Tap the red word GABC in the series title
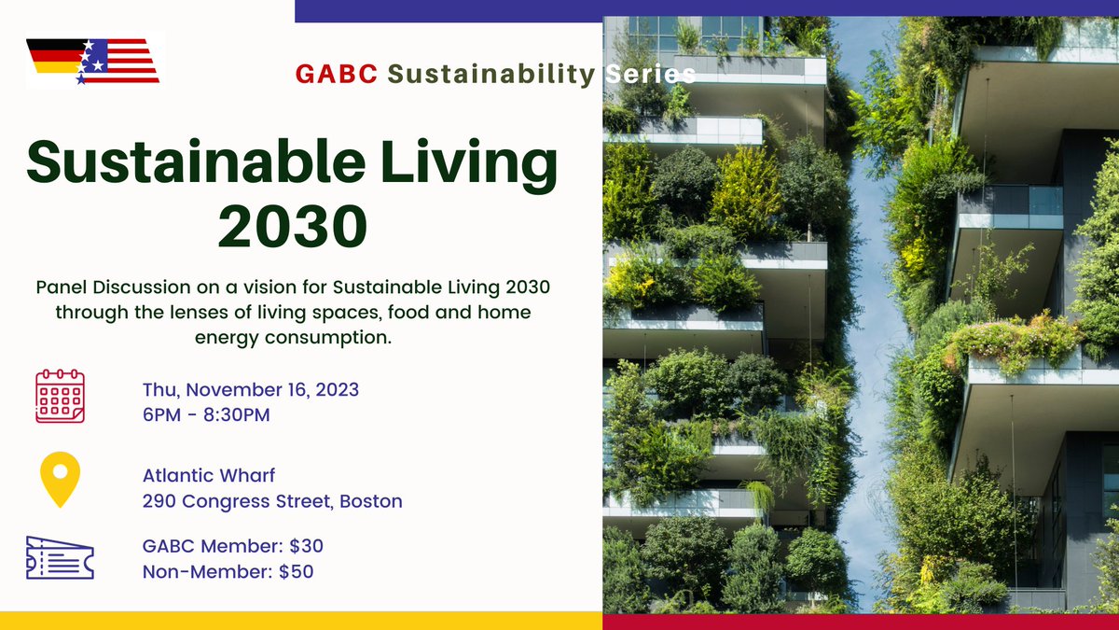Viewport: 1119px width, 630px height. click(337, 74)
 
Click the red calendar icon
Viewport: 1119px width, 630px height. click(60, 397)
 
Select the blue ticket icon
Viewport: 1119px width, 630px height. click(60, 557)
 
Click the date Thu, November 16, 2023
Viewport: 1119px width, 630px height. click(251, 389)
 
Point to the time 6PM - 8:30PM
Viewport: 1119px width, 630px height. click(206, 414)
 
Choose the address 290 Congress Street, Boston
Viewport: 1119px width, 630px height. click(272, 501)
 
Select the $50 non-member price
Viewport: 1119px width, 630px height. click(296, 571)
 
